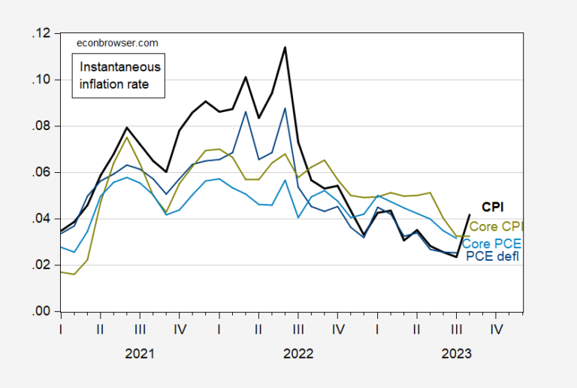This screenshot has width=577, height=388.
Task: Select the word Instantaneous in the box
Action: tap(120, 67)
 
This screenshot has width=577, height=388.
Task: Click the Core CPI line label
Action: tap(496, 226)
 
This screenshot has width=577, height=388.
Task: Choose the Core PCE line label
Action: tap(493, 244)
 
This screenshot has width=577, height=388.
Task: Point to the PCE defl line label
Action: tap(494, 257)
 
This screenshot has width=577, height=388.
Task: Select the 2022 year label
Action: tap(298, 353)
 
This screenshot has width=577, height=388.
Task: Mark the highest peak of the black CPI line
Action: tap(285, 47)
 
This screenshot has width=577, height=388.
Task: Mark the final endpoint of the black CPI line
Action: tap(470, 215)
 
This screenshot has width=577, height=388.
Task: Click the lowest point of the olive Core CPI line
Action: tap(74, 274)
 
